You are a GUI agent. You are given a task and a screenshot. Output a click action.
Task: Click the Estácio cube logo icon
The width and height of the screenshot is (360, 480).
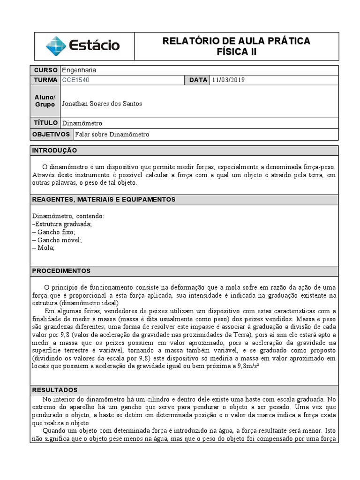56,46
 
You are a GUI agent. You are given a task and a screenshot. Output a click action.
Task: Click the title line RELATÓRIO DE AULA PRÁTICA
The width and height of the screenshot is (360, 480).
236,41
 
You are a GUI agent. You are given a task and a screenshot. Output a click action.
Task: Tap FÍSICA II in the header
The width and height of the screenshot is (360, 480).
236,52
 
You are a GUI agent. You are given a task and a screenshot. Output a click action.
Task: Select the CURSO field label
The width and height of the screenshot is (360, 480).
45,70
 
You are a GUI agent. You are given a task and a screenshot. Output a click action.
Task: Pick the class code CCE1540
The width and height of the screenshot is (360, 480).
75,80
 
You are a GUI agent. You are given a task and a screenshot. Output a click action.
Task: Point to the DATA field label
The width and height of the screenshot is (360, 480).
198,80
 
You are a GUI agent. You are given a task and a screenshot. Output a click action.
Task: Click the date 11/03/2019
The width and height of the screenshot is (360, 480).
228,80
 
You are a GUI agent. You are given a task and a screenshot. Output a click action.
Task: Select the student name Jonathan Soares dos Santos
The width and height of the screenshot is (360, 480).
102,104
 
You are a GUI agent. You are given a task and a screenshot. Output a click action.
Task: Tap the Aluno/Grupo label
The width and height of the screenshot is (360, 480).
45,101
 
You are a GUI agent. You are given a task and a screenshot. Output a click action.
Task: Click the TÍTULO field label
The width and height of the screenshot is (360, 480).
45,123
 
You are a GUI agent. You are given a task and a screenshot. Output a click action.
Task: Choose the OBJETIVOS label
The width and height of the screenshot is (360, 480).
51,135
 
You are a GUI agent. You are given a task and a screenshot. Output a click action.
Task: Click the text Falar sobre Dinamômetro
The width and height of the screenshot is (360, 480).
112,135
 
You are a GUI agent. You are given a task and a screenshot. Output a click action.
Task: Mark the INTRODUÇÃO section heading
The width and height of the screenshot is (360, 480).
54,150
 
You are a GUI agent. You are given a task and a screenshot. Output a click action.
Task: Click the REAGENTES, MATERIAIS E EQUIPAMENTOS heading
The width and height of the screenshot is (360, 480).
103,200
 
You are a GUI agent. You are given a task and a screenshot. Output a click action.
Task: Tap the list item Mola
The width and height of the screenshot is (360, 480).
44,248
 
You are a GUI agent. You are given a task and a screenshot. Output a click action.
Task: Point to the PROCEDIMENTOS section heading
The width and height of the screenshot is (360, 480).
61,271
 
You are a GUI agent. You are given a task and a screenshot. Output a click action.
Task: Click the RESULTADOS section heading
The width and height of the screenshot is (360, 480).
54,390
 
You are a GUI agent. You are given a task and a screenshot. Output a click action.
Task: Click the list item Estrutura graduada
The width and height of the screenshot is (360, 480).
62,224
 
